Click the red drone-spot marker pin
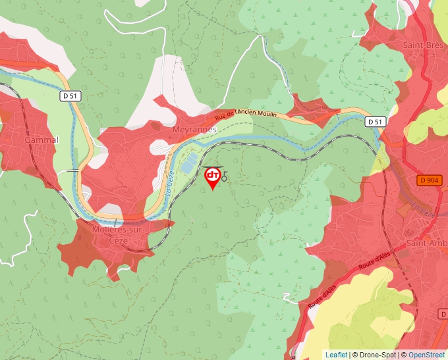pos(213,177)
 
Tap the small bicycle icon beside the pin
pos(224,177)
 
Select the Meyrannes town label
pos(194,130)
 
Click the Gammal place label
pos(42,140)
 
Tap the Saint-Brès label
pos(422,45)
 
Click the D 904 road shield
pos(429,180)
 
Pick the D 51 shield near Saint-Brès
pos(375,122)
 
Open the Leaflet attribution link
pos(336,355)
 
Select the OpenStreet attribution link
pos(427,355)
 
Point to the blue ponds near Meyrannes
pos(189,164)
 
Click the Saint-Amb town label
pos(426,244)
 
